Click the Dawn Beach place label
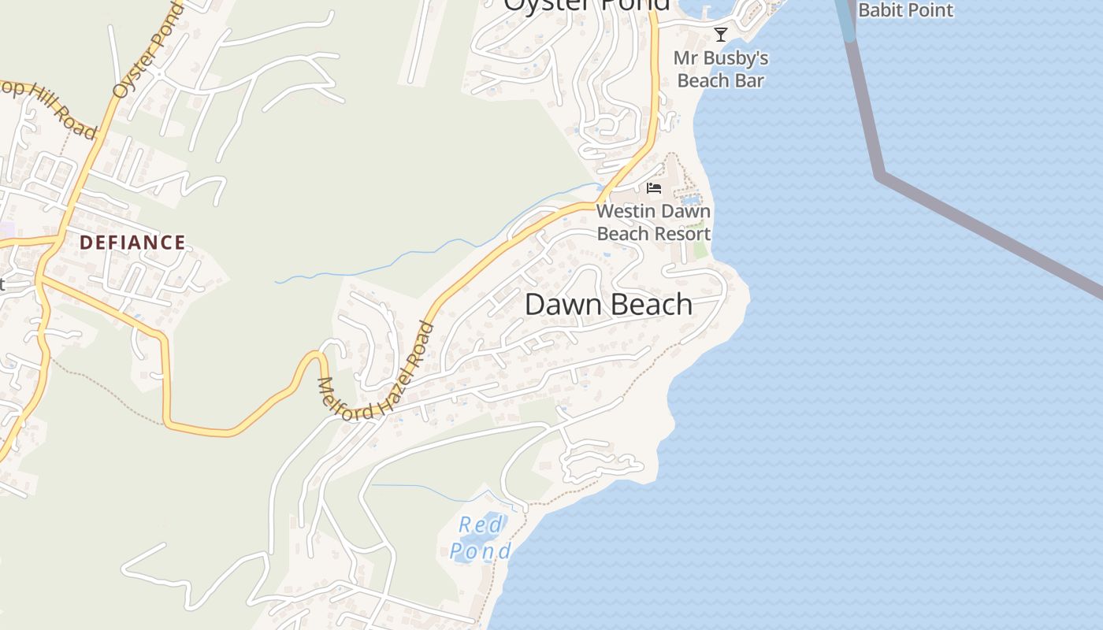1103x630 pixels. click(608, 305)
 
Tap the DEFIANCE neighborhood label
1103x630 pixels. click(132, 243)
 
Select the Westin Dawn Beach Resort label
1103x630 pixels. click(653, 222)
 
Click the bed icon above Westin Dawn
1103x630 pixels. click(653, 188)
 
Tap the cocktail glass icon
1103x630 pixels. click(720, 34)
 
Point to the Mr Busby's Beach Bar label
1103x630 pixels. click(721, 69)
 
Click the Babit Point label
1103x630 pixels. click(905, 10)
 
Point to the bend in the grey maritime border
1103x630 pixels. click(880, 176)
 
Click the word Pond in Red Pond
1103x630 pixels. click(481, 550)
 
